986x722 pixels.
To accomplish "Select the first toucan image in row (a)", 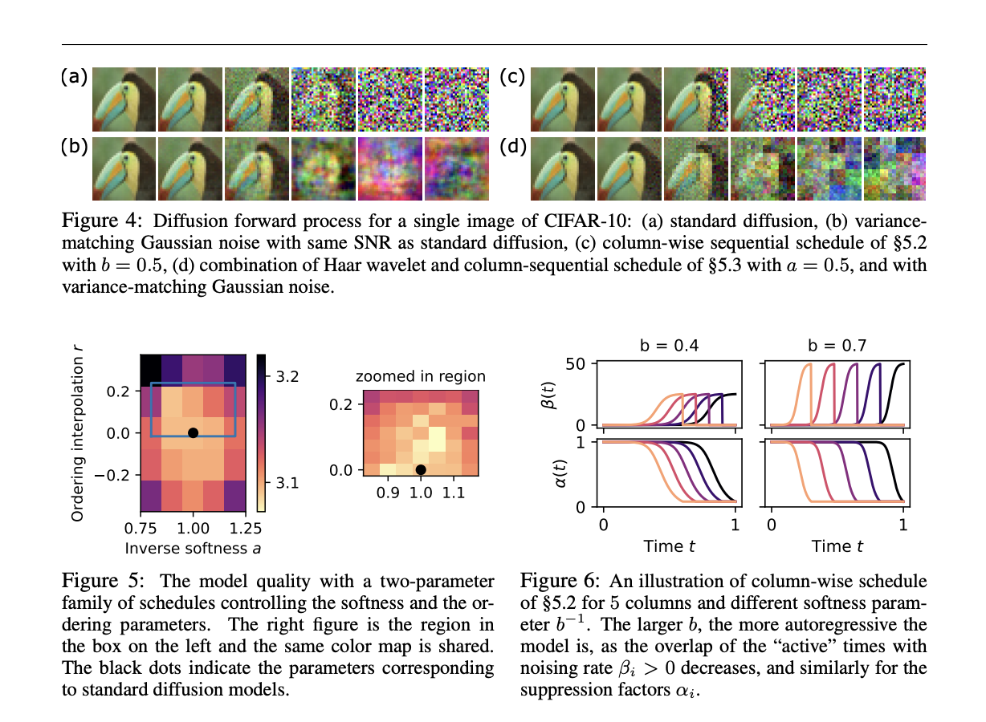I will tap(124, 99).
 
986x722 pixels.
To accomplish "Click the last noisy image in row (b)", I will tap(455, 168).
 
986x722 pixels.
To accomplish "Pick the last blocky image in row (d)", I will tap(894, 168).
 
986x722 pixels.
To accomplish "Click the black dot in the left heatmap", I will tap(193, 433).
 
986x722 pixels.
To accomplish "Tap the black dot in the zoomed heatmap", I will tap(421, 469).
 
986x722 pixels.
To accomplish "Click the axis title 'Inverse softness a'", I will tap(193, 548).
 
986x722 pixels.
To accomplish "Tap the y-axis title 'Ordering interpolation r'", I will tap(77, 432).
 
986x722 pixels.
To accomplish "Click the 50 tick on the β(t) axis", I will tap(582, 363).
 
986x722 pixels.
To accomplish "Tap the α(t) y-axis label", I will tap(562, 474).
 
